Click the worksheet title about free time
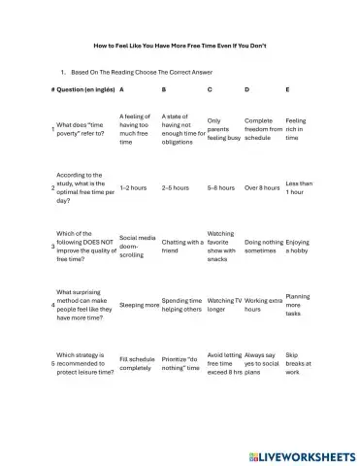click(x=180, y=45)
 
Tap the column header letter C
click(x=210, y=89)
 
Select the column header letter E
click(x=287, y=89)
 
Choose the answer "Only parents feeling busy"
click(x=222, y=129)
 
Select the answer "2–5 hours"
click(x=176, y=187)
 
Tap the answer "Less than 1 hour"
click(x=299, y=187)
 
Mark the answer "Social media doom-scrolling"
click(x=137, y=247)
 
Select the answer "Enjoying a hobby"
click(x=298, y=247)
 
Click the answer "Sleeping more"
click(x=139, y=305)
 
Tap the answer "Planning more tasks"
click(x=298, y=305)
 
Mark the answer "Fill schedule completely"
click(x=136, y=364)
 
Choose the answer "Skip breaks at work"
click(x=297, y=364)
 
